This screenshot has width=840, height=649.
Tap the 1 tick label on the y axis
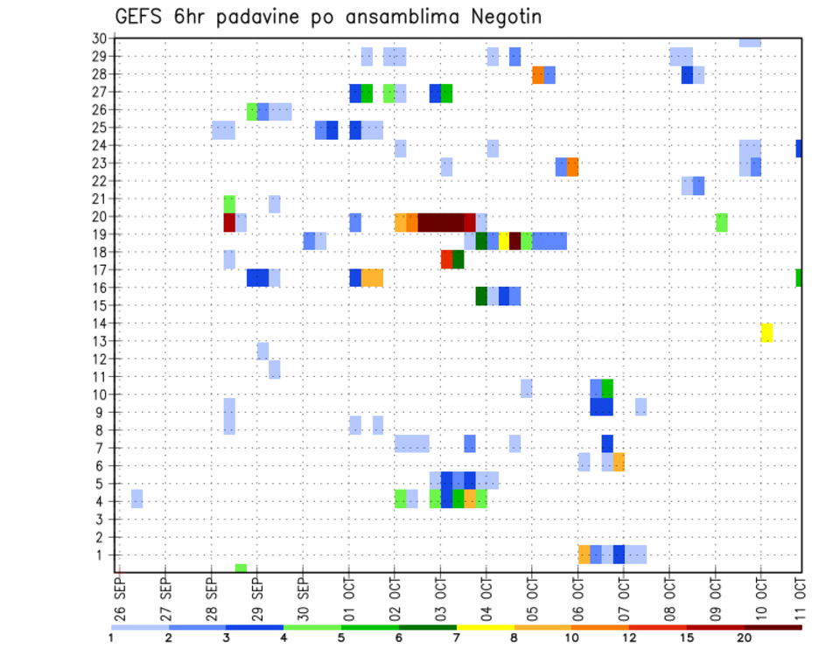pos(101,554)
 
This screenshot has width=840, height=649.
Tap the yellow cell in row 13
pos(766,332)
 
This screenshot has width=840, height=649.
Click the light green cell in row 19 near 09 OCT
pos(721,222)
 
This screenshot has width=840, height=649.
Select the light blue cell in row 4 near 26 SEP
pos(137,499)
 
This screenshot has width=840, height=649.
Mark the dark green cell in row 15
pos(481,297)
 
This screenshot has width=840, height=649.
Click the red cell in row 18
pos(446,260)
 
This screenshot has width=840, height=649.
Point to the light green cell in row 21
pos(229,204)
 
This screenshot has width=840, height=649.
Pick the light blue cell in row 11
pos(275,369)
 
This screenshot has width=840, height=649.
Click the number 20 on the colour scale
pos(745,638)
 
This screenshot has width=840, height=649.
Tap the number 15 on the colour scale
pos(688,638)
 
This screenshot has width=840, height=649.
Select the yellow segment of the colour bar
pos(485,627)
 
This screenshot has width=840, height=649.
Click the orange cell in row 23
pos(572,167)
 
